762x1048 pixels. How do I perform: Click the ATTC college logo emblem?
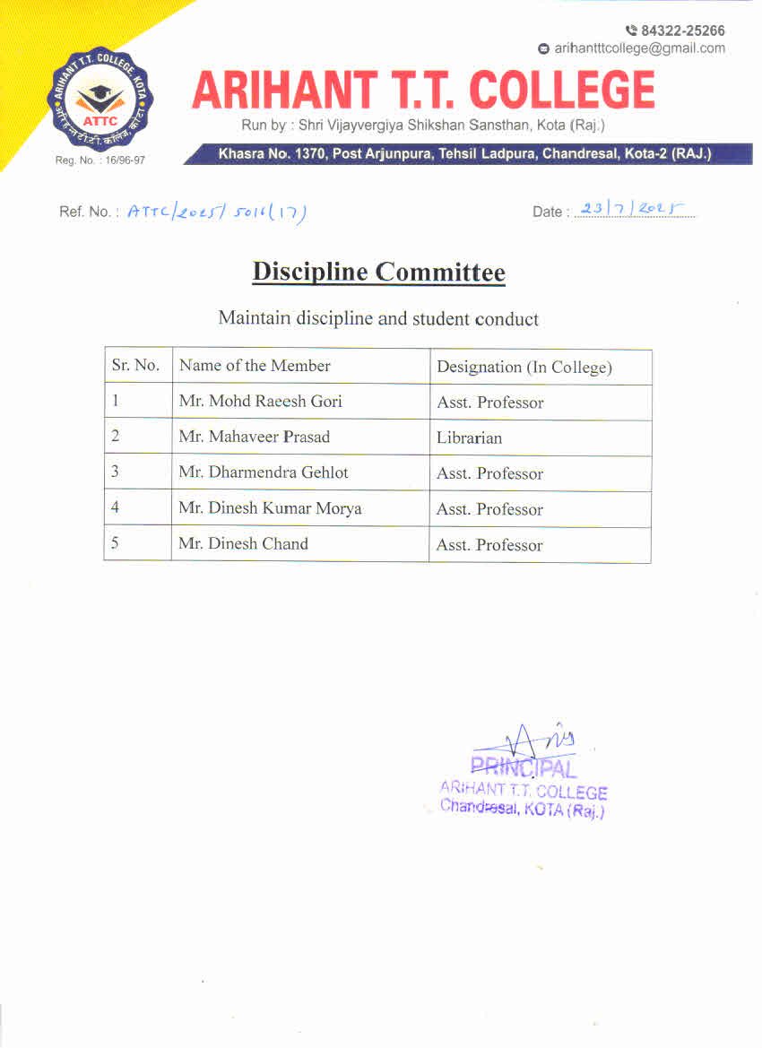click(100, 100)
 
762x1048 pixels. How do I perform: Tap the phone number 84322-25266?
click(682, 30)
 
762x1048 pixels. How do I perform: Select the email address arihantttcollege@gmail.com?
click(639, 48)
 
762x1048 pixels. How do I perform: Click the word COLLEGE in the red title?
click(562, 91)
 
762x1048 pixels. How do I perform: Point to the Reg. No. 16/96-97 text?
click(100, 160)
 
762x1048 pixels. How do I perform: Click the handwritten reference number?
click(217, 212)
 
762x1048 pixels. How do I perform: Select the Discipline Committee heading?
click(378, 272)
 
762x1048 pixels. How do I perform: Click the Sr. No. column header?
click(135, 366)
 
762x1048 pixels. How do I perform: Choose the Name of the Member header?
click(255, 366)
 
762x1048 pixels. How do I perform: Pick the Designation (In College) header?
click(524, 367)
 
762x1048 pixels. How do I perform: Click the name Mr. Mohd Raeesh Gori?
click(260, 402)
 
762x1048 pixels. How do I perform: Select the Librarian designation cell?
click(470, 438)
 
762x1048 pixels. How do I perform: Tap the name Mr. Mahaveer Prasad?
click(254, 437)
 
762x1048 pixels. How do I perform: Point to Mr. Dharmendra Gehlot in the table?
click(264, 472)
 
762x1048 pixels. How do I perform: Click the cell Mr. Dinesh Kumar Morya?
click(270, 508)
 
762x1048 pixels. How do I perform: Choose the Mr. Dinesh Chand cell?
click(243, 543)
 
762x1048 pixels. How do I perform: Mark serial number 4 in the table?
click(115, 507)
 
